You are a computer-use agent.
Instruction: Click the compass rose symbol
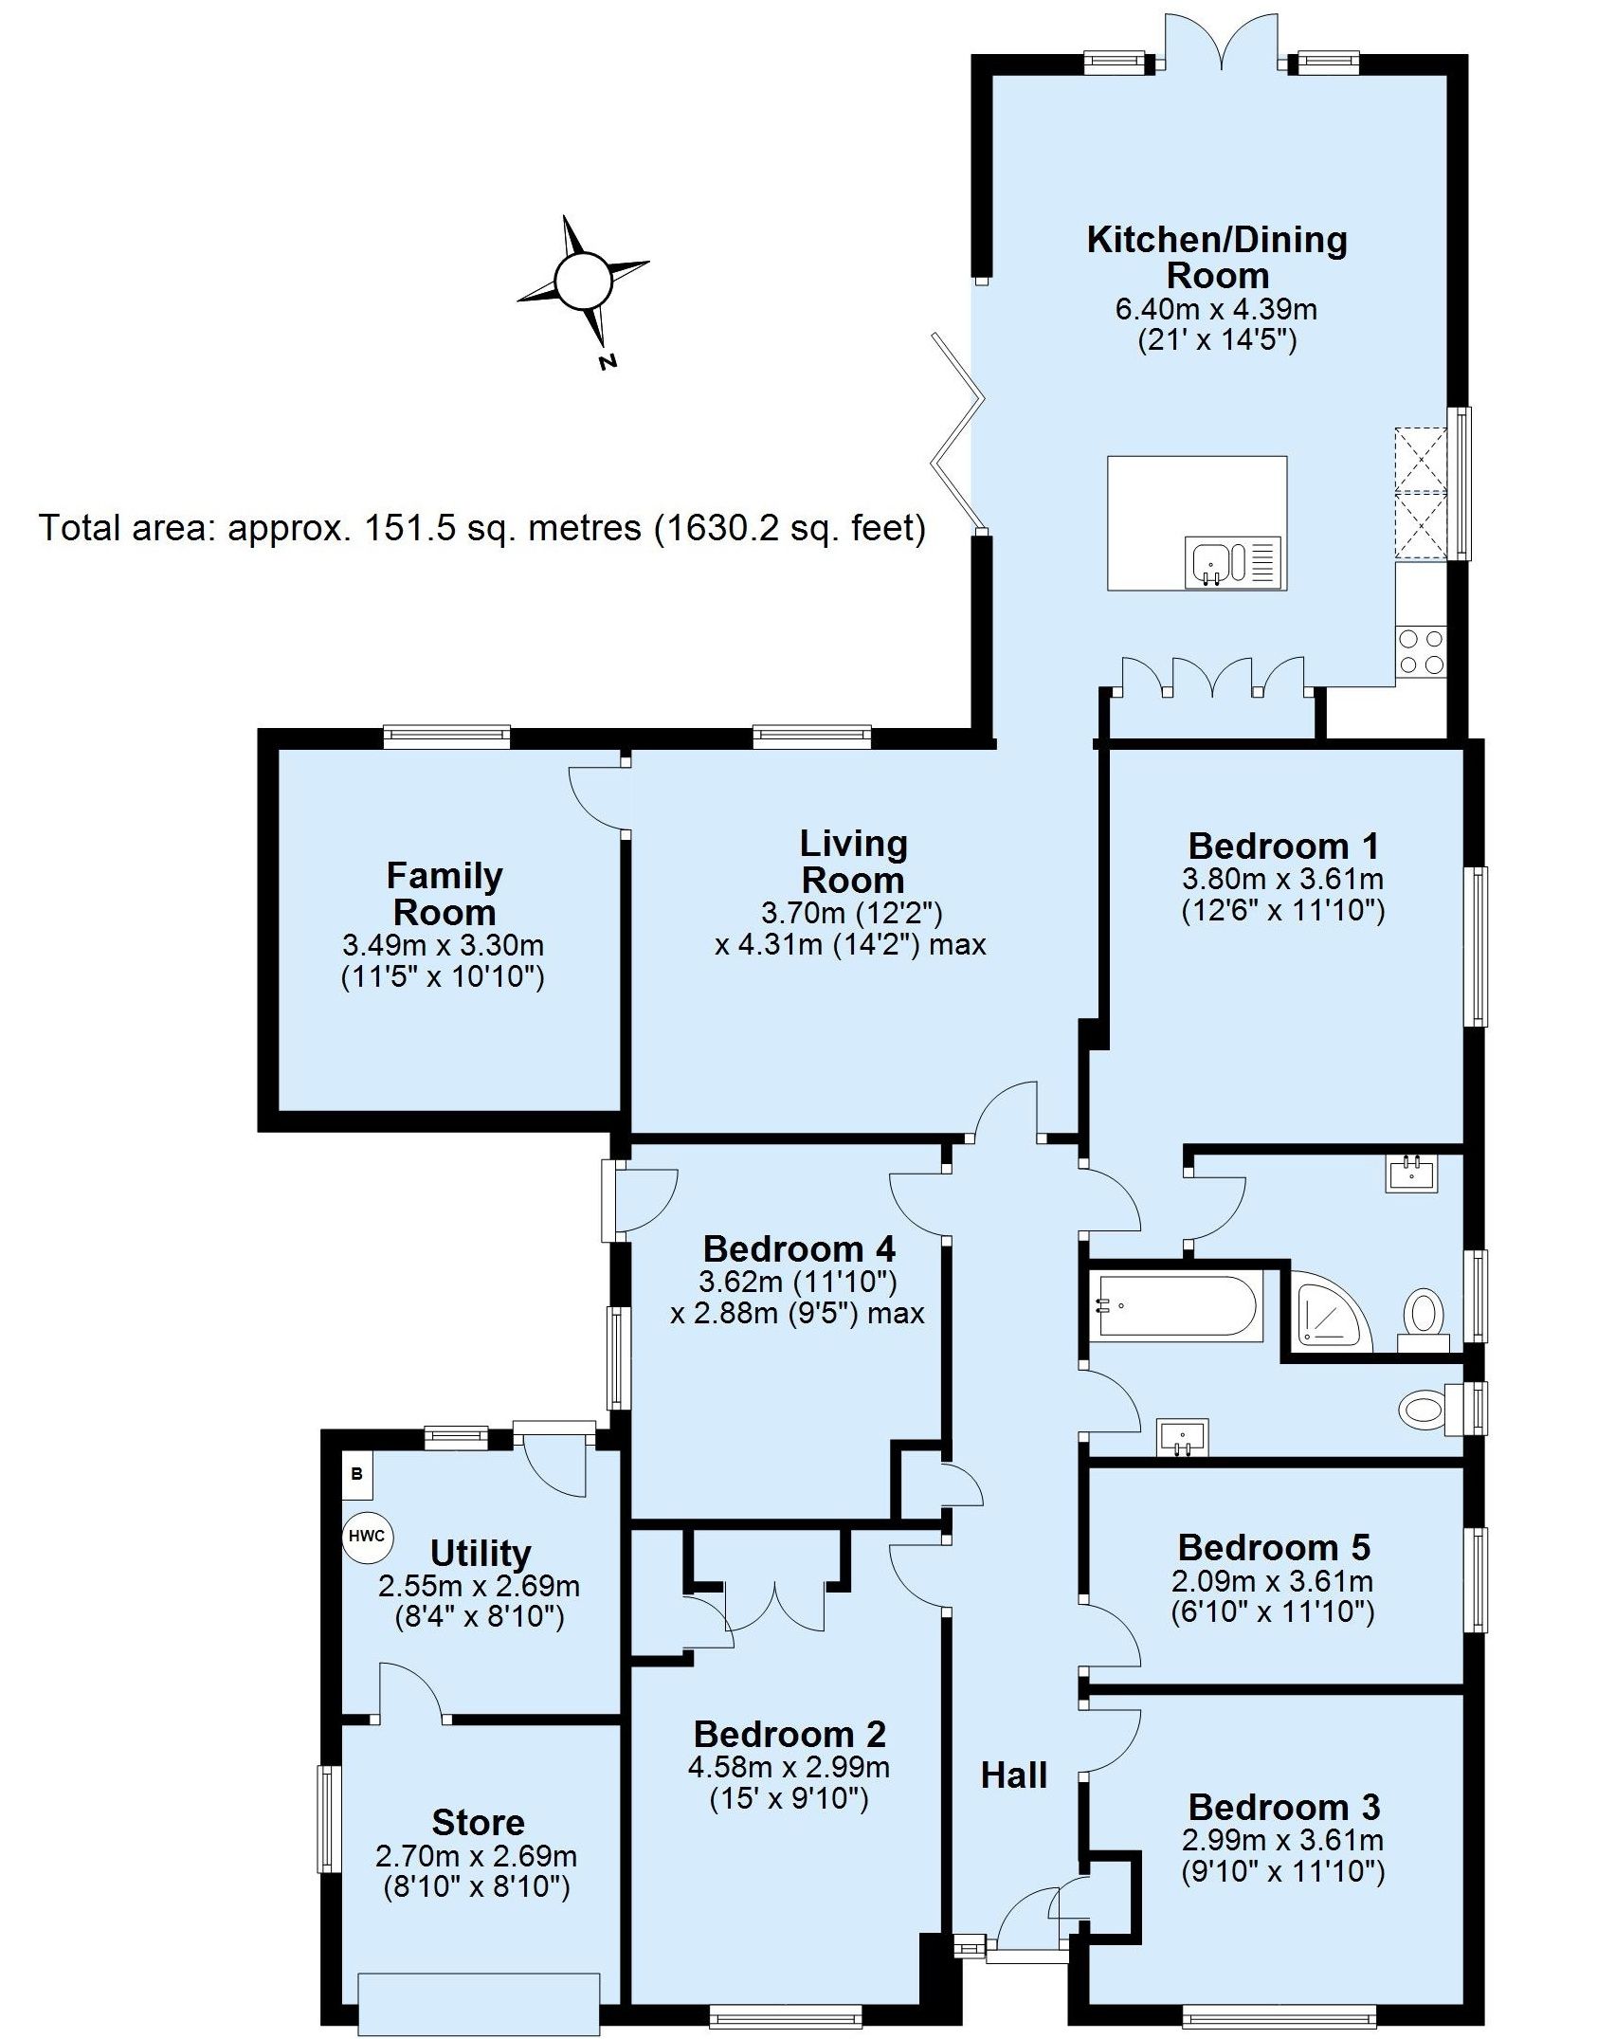582,282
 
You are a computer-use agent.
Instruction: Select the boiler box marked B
357,1475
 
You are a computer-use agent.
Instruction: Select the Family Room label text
445,894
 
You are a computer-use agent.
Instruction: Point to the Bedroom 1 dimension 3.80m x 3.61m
1283,879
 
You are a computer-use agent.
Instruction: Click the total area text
481,527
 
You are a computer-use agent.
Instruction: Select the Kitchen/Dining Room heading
1217,257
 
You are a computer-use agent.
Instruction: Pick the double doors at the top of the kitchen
1221,38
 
